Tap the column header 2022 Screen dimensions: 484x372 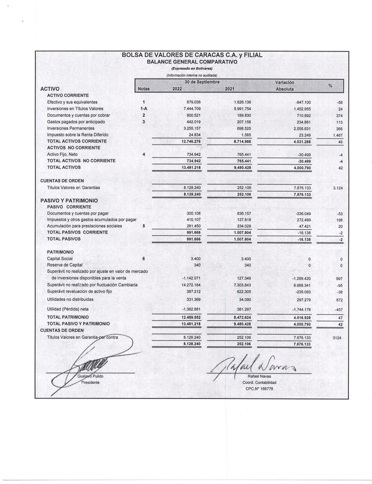177,89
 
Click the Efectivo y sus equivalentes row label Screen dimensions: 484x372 72,102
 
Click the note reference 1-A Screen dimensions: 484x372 144,109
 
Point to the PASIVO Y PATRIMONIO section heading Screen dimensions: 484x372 68,200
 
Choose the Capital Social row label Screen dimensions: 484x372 60,259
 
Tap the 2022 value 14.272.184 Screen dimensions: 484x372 192,285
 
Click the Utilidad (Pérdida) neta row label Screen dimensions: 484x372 70,309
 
